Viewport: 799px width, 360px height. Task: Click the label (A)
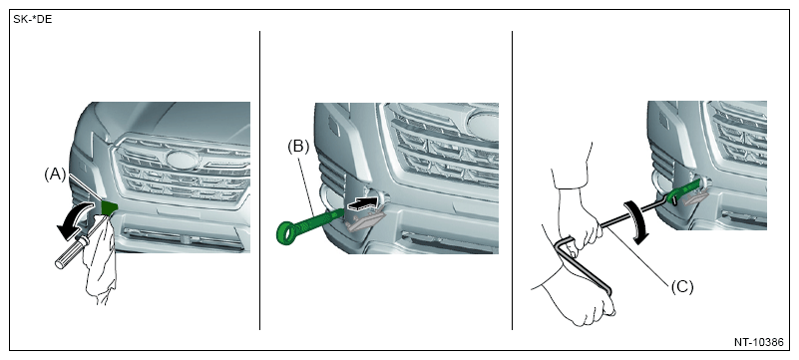[55, 176]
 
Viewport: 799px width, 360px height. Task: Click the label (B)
[298, 147]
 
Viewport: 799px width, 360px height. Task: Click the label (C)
[682, 287]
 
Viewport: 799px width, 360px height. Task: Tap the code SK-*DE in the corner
[33, 20]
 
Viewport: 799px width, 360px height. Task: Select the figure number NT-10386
[758, 342]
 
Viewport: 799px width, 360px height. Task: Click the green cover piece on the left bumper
[110, 206]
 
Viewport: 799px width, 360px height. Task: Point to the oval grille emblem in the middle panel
[483, 124]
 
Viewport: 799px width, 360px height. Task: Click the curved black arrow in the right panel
[636, 218]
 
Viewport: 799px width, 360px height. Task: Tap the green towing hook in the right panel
[684, 190]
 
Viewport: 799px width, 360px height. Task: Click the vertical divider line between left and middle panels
[260, 180]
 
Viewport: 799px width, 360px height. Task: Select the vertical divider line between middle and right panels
[512, 180]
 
